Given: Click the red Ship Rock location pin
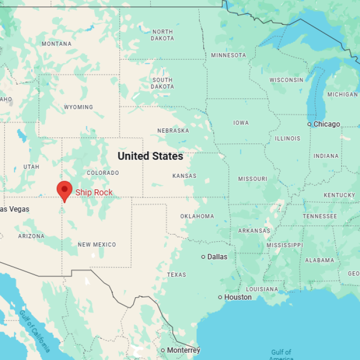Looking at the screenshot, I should click(64, 190).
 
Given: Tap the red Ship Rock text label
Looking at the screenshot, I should click(94, 193).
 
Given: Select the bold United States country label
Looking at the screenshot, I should click(150, 156).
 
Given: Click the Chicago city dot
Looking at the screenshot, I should click(310, 124).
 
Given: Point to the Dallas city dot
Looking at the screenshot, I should click(203, 257).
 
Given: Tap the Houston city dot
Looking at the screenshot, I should click(220, 297).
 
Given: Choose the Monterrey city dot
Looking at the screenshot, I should click(163, 350).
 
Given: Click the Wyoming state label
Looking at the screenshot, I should click(78, 107).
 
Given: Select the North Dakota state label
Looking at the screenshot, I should click(163, 35).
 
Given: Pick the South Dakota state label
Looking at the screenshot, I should click(163, 83).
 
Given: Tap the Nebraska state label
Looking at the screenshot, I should click(173, 131).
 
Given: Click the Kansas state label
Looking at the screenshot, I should click(184, 176).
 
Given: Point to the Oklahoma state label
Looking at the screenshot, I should click(197, 216).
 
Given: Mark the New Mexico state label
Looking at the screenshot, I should click(97, 244).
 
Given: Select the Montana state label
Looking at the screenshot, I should click(57, 44).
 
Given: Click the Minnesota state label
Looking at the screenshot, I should click(228, 55).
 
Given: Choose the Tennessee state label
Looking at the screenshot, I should click(320, 216).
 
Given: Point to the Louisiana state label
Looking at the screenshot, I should click(262, 289).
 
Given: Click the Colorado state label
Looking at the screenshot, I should click(103, 173).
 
